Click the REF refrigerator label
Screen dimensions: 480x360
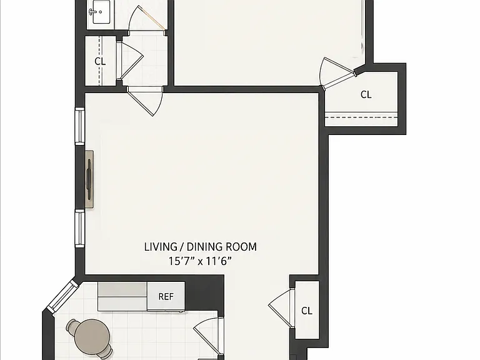point(166,297)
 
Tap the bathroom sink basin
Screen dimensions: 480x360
point(101,12)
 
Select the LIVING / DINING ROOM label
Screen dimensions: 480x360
point(201,247)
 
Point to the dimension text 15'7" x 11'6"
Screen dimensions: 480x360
point(200,261)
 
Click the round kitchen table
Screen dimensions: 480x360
point(92,336)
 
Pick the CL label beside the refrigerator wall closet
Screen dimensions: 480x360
point(307,311)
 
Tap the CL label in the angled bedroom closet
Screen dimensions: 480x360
point(366,94)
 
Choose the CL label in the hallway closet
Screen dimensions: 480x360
point(100,61)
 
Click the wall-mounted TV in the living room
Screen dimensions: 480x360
point(89,180)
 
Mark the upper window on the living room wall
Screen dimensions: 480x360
point(80,126)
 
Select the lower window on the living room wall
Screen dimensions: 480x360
point(80,228)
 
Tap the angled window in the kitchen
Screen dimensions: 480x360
point(62,296)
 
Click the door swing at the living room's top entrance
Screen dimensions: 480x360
point(146,101)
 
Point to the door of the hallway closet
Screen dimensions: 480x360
point(130,61)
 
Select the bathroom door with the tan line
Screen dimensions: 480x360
point(147,18)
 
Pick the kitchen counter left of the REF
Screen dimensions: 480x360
point(122,296)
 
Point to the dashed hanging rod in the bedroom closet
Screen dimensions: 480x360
point(361,117)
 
